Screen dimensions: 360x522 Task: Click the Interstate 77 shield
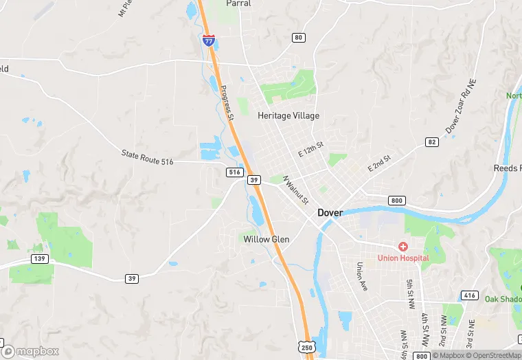coord(209,41)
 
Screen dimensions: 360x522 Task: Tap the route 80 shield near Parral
coord(297,37)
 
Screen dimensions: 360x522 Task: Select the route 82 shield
coord(431,142)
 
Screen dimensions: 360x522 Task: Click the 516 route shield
coord(234,172)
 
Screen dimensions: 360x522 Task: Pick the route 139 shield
coord(38,258)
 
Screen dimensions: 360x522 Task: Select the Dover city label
coord(330,213)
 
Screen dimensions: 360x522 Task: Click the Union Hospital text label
coord(402,258)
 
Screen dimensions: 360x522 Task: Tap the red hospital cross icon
coord(402,246)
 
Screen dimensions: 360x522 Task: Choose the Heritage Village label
coord(288,115)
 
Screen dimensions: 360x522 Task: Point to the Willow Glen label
coord(266,239)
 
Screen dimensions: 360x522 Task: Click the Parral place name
coord(238,3)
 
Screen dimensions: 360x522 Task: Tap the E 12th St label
coord(310,148)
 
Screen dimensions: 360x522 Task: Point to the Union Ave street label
coord(363,275)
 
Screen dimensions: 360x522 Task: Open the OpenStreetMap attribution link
coord(493,355)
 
